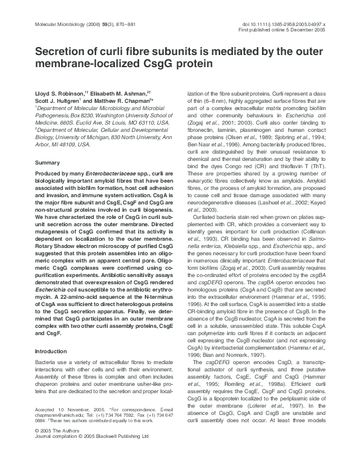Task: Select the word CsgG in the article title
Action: (x=161, y=65)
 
